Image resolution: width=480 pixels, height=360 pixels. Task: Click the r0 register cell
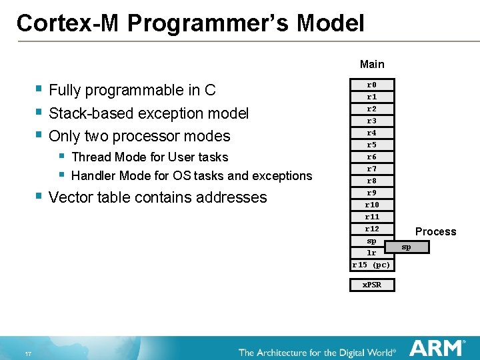click(372, 85)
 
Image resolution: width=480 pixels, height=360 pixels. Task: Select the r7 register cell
click(372, 169)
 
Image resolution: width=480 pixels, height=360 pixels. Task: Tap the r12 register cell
click(372, 229)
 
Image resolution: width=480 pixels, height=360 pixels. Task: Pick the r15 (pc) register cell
click(372, 265)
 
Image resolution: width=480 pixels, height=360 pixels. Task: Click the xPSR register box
click(372, 285)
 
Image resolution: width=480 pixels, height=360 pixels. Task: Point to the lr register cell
click(372, 253)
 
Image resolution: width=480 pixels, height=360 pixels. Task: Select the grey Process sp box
click(406, 247)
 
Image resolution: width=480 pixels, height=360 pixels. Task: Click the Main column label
click(372, 64)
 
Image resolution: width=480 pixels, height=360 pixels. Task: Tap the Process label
click(435, 231)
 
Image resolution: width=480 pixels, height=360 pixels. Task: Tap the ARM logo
click(437, 348)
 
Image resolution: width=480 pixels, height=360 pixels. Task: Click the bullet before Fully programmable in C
click(39, 89)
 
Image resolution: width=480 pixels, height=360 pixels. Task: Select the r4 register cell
click(372, 133)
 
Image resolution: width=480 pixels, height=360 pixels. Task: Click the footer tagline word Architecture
click(287, 352)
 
